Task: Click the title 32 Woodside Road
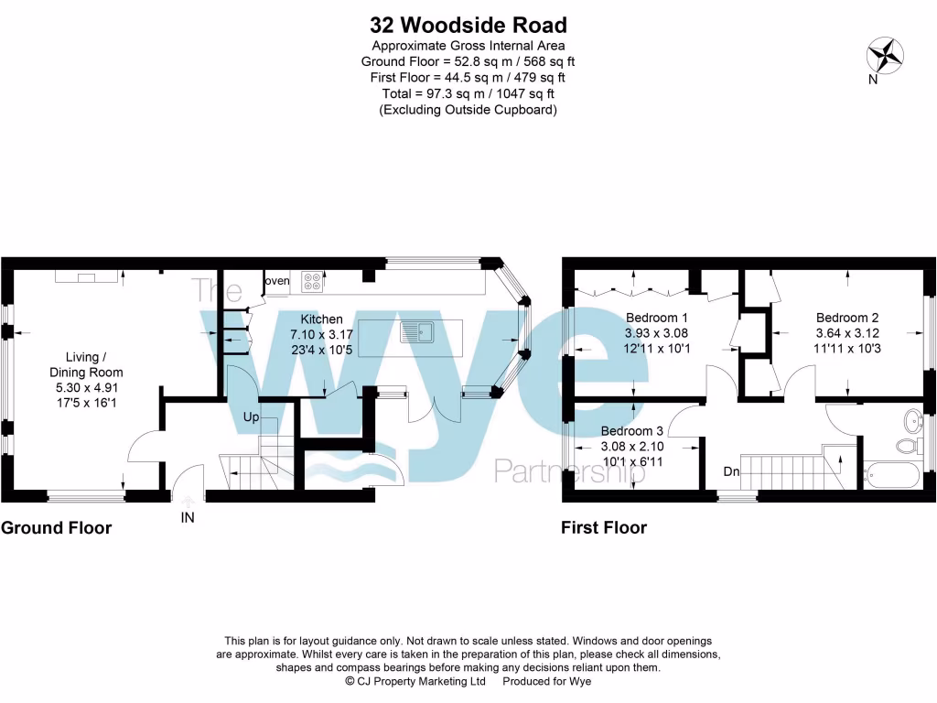point(468,25)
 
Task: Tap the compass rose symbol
point(884,55)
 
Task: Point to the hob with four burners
point(312,283)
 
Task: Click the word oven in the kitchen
point(276,281)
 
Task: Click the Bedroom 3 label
point(632,431)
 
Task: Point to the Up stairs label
point(252,417)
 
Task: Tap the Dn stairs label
point(731,472)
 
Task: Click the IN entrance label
point(188,517)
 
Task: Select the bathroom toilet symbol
point(908,447)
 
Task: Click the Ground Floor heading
point(57,528)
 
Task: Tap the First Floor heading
point(604,528)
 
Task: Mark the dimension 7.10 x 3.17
point(321,334)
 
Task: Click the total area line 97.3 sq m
point(468,93)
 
